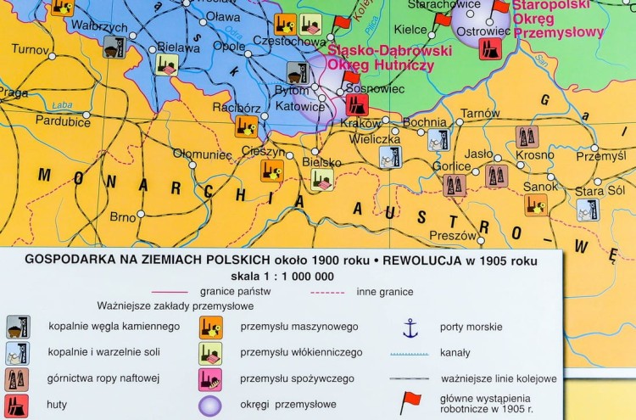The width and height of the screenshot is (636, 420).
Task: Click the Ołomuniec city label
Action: point(202,154)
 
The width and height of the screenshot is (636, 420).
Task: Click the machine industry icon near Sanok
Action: point(536,204)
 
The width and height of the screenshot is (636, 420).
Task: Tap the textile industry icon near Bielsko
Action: point(321,180)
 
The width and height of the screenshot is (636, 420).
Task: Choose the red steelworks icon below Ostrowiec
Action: point(490,48)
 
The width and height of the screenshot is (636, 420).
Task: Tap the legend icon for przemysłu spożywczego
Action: point(211,378)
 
